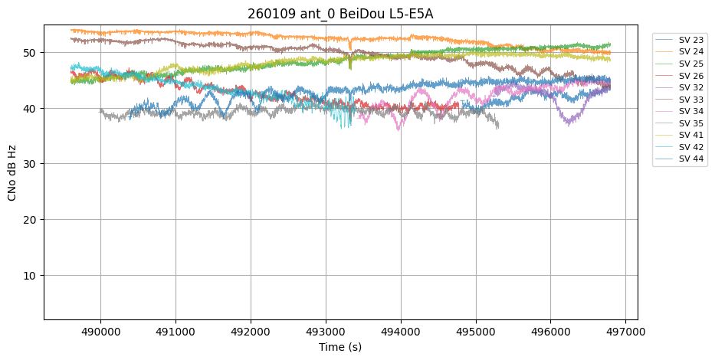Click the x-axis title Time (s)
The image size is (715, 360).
(340, 347)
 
